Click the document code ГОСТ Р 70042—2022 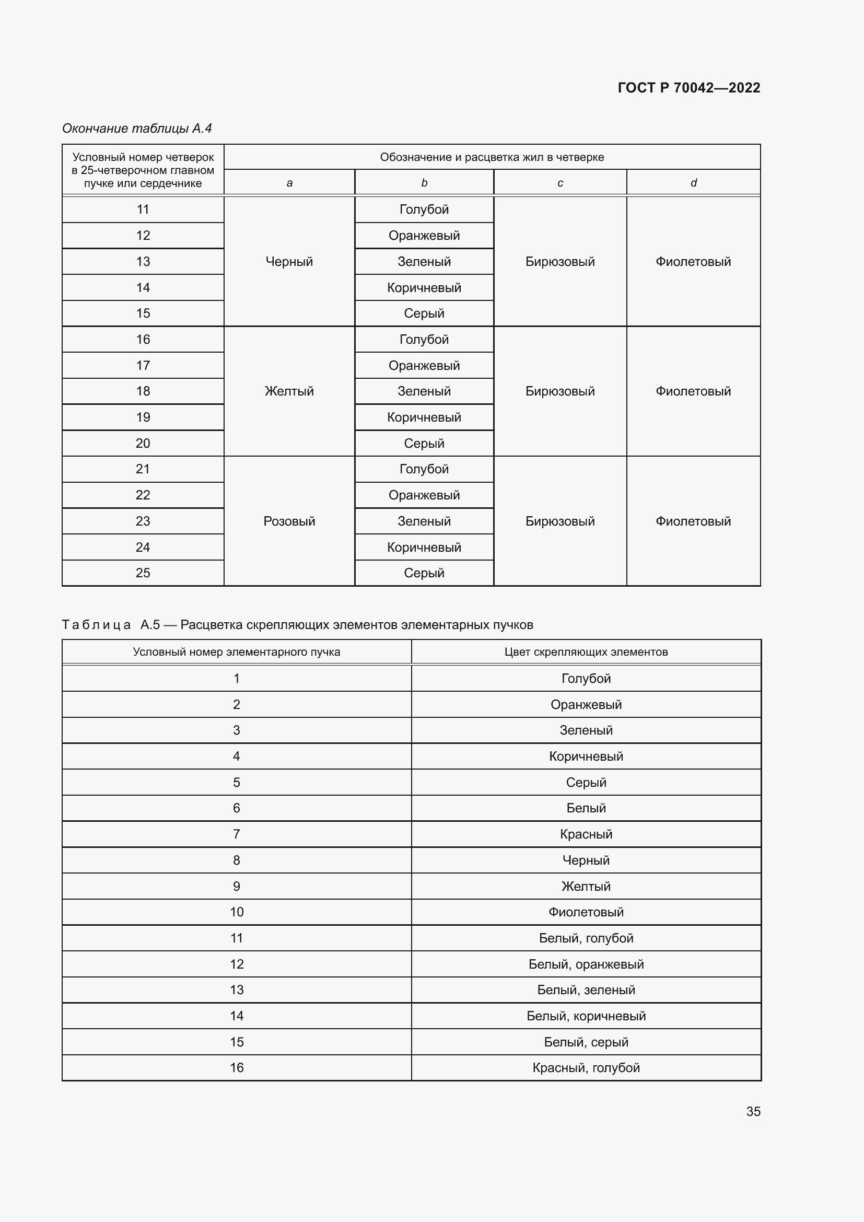click(688, 88)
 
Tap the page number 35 click(753, 1111)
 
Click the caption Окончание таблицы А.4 click(137, 129)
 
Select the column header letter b click(424, 182)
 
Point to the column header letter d click(693, 182)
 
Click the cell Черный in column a click(289, 261)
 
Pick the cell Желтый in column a click(289, 391)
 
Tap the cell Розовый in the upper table click(289, 521)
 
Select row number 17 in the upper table click(143, 365)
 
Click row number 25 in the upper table click(143, 573)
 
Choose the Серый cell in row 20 click(424, 443)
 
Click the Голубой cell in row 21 click(424, 469)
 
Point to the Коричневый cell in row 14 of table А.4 click(424, 287)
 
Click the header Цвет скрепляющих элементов click(586, 652)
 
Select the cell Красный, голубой click(586, 1068)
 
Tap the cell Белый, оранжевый click(586, 964)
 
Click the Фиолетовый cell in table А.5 click(586, 912)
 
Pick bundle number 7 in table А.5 click(236, 834)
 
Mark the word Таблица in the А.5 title click(96, 625)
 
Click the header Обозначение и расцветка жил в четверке click(492, 157)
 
